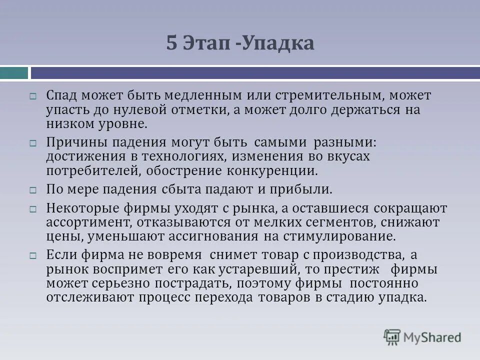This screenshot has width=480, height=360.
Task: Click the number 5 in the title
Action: [x=171, y=43]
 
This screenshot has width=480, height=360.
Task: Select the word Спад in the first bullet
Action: [x=61, y=95]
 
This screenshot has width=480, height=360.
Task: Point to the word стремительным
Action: [x=318, y=95]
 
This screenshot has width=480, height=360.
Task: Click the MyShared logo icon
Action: [x=392, y=337]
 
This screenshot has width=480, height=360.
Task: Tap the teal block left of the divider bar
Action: [x=14, y=73]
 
